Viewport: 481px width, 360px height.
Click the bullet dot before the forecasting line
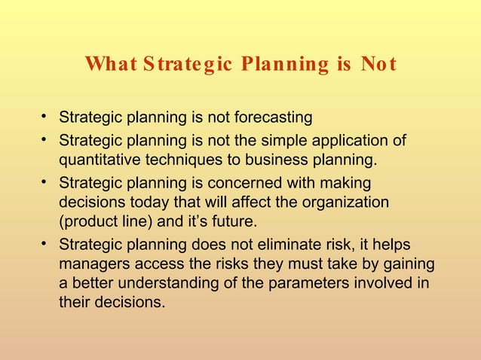(45, 117)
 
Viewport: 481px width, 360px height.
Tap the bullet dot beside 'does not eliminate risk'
(45, 244)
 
